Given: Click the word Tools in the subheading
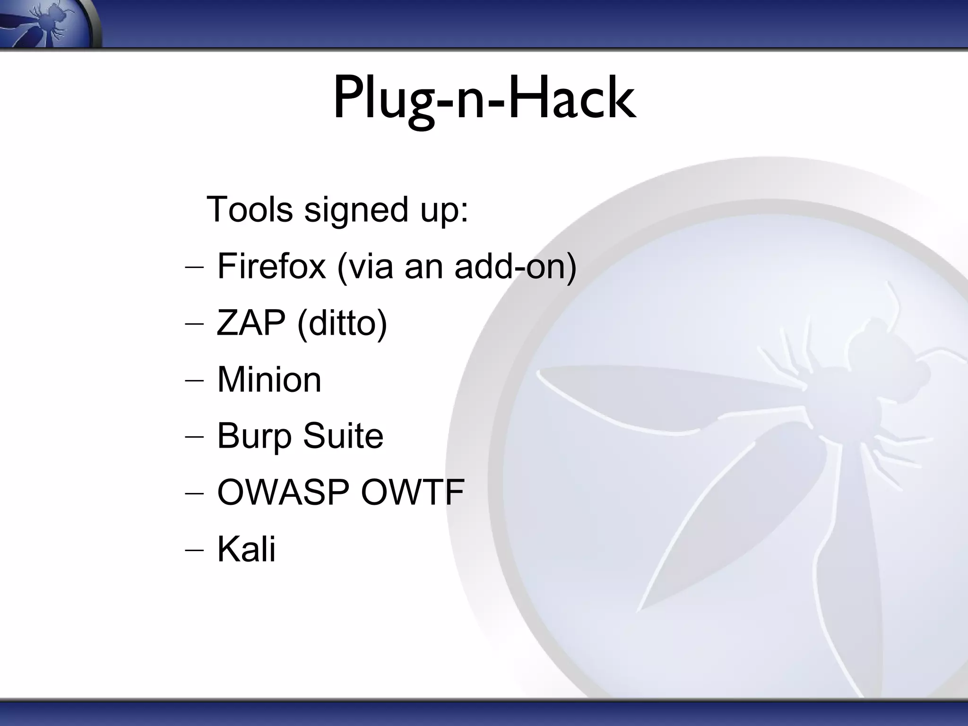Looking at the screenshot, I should tap(250, 209).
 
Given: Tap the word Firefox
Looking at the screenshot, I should tap(271, 266).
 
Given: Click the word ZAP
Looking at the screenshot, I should tap(251, 323).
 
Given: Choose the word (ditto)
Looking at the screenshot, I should tap(342, 323).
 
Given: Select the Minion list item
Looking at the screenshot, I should tap(269, 380).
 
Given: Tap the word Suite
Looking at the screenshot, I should tap(343, 436).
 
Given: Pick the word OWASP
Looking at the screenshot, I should tap(283, 493).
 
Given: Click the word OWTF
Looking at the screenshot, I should tap(413, 493).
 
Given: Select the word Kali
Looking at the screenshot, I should tap(246, 549).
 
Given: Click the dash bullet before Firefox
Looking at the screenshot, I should tap(194, 267).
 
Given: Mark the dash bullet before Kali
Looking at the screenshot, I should tap(194, 550).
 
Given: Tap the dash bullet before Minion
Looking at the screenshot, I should tap(194, 380).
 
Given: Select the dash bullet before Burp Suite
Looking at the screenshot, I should tap(194, 437).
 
